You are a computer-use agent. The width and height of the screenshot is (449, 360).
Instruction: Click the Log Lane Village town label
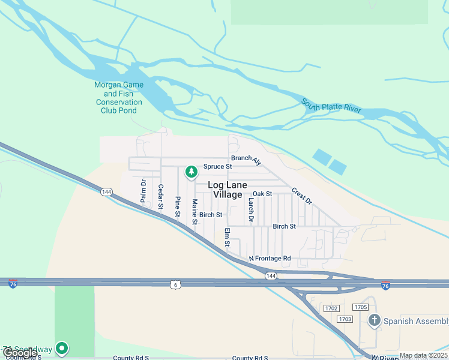(225, 190)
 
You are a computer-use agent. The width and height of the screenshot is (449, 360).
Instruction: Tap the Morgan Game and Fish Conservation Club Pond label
(119, 98)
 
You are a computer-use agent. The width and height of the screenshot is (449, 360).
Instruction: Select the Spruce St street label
(217, 166)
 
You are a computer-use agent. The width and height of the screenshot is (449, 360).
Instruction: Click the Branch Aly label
(247, 160)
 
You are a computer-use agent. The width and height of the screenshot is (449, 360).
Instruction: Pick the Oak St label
(262, 194)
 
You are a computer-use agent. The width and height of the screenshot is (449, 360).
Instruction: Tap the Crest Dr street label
(302, 196)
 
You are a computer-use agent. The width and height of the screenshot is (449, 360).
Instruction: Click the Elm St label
(227, 237)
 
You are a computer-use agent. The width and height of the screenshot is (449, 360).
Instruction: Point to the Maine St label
(194, 212)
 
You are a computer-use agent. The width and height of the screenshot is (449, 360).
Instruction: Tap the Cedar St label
(160, 196)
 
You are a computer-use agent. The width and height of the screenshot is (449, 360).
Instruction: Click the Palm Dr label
(143, 190)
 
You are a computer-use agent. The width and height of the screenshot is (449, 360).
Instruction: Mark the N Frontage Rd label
(270, 259)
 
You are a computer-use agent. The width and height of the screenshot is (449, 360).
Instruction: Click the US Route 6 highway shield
(175, 284)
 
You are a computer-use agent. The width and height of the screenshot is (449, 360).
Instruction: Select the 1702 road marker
(331, 308)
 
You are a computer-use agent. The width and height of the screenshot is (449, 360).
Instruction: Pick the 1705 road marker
(361, 307)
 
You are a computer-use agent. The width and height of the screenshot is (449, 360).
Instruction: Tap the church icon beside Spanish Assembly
(375, 320)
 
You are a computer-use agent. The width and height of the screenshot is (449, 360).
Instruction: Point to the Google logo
(19, 353)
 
